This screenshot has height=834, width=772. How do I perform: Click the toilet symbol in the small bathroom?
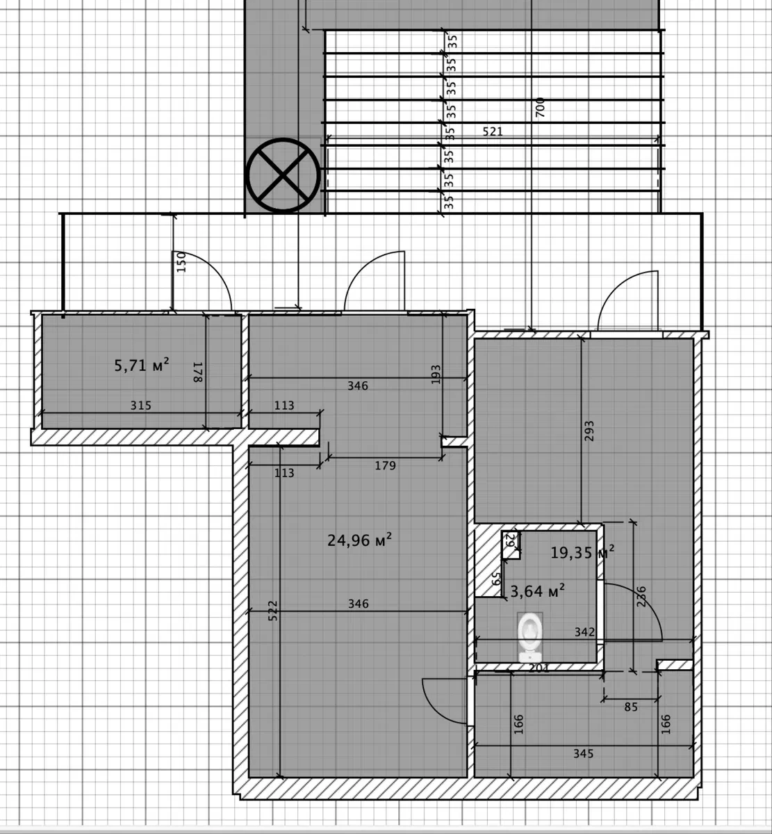point(529,636)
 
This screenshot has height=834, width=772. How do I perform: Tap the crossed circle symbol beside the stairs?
point(283,175)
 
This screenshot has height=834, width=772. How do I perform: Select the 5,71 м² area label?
point(142,365)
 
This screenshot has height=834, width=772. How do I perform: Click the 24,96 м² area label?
point(360,540)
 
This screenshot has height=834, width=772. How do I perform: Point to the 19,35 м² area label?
point(582,552)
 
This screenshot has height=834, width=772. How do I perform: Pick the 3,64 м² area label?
point(537,591)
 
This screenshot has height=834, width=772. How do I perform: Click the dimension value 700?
point(541,107)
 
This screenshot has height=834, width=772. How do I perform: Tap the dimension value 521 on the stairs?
point(493,131)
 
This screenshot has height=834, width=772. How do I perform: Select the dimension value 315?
point(141,406)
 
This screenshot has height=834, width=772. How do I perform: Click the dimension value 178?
point(197,372)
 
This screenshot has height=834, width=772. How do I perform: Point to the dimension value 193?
point(436,374)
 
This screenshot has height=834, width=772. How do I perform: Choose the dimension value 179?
point(385,466)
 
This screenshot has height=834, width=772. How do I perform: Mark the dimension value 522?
point(272,611)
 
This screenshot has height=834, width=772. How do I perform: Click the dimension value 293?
point(589,431)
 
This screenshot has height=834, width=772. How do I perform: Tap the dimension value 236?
point(641,596)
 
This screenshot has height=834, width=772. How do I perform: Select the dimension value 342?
point(584,632)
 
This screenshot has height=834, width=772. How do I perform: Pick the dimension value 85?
point(631,707)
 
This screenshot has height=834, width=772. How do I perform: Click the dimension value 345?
point(584,754)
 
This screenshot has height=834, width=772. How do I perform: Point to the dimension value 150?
point(181,262)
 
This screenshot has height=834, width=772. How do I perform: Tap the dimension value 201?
point(539,668)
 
